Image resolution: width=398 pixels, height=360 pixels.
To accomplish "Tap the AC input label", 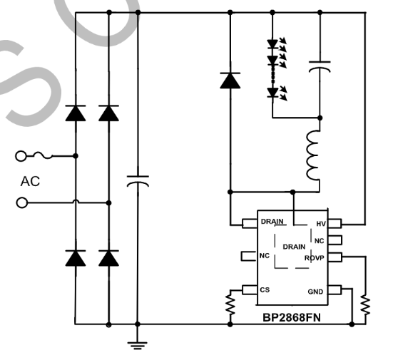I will [30, 180].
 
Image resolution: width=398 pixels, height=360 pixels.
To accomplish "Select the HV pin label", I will [321, 224].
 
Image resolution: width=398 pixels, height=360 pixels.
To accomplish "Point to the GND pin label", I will [315, 291].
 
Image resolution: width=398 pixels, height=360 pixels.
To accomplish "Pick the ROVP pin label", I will [315, 257].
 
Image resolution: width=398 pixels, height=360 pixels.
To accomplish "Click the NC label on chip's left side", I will [265, 255].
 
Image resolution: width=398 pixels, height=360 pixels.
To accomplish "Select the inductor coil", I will [313, 155].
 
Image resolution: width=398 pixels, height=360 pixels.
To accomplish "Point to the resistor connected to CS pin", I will [230, 304].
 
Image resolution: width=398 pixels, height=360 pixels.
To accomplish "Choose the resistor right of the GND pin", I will [365, 304].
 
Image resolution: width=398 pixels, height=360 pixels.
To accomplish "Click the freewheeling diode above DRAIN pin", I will [230, 81].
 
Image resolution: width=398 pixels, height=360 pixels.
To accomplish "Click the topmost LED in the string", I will [272, 44].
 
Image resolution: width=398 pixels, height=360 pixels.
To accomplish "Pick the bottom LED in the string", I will [272, 91].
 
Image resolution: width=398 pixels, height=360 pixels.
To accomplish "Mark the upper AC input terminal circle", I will [22, 155].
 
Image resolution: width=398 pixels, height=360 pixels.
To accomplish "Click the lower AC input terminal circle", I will [22, 202].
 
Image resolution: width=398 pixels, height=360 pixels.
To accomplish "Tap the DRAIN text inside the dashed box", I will [294, 247].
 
